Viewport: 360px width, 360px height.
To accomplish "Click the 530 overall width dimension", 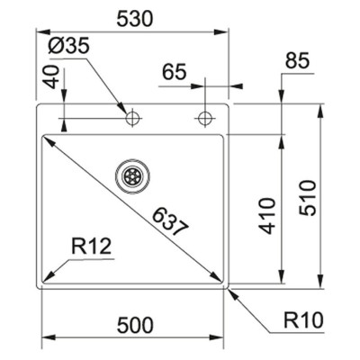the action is pos(135,19).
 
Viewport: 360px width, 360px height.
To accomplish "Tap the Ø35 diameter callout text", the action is pos(68,47).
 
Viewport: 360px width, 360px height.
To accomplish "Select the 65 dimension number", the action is pos(175,72).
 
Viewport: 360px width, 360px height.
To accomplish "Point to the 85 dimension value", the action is pos(297,60).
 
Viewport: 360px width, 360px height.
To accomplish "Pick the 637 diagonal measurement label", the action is pos(170,221).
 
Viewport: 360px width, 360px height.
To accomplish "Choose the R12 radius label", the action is pos(92,247).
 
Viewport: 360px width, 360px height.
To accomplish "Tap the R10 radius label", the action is pos(303,320).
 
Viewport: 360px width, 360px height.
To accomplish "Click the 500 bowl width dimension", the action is pos(135,326).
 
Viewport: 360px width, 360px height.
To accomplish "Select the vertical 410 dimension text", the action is pos(267,215).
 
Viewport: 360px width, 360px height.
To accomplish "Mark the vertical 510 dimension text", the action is pos(308,197).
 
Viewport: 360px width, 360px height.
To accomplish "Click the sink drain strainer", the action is pos(132,175).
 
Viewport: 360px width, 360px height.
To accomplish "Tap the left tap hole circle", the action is pos(132,118).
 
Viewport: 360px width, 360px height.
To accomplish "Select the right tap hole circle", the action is pos(205,118).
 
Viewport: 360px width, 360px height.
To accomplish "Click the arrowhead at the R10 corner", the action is pos(234,294).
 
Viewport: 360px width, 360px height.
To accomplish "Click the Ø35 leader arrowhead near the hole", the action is pos(122,108).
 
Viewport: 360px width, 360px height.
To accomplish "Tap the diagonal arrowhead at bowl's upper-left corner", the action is pos(50,141).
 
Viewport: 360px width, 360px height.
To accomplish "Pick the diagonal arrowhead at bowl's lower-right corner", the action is pos(215,276).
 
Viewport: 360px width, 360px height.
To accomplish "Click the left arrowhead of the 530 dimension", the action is pos(42,31).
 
